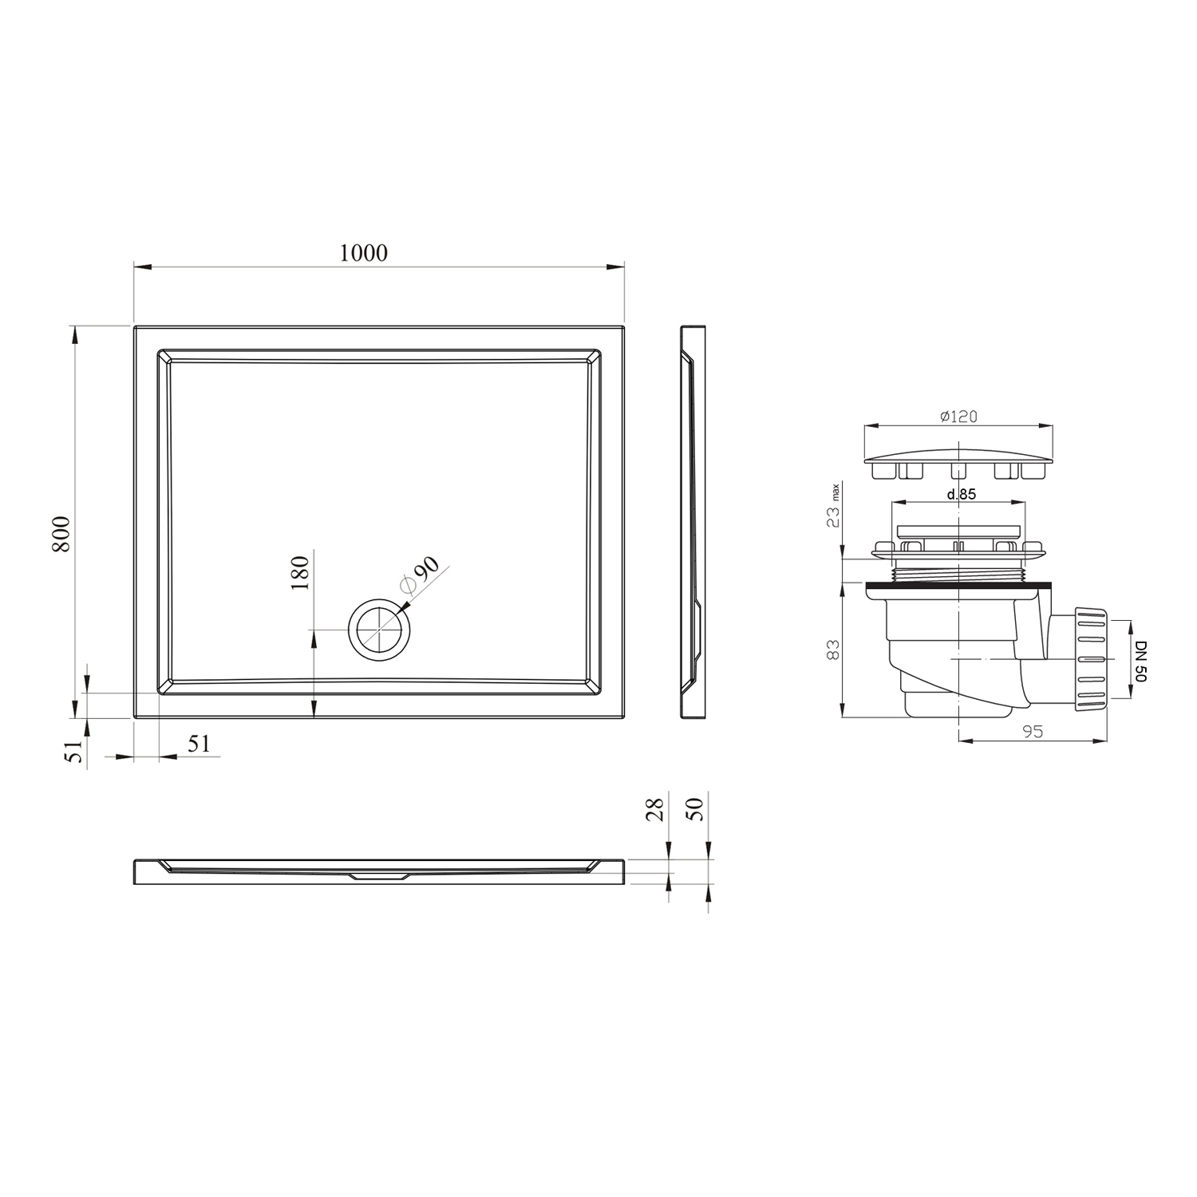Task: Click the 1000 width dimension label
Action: pos(363,253)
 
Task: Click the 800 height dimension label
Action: pos(62,534)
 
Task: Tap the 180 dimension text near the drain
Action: pos(299,572)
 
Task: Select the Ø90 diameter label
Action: pos(420,575)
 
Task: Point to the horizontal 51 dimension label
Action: pos(199,743)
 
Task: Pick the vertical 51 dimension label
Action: pos(75,752)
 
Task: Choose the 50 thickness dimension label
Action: pos(695,809)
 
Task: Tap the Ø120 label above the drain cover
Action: pos(958,417)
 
